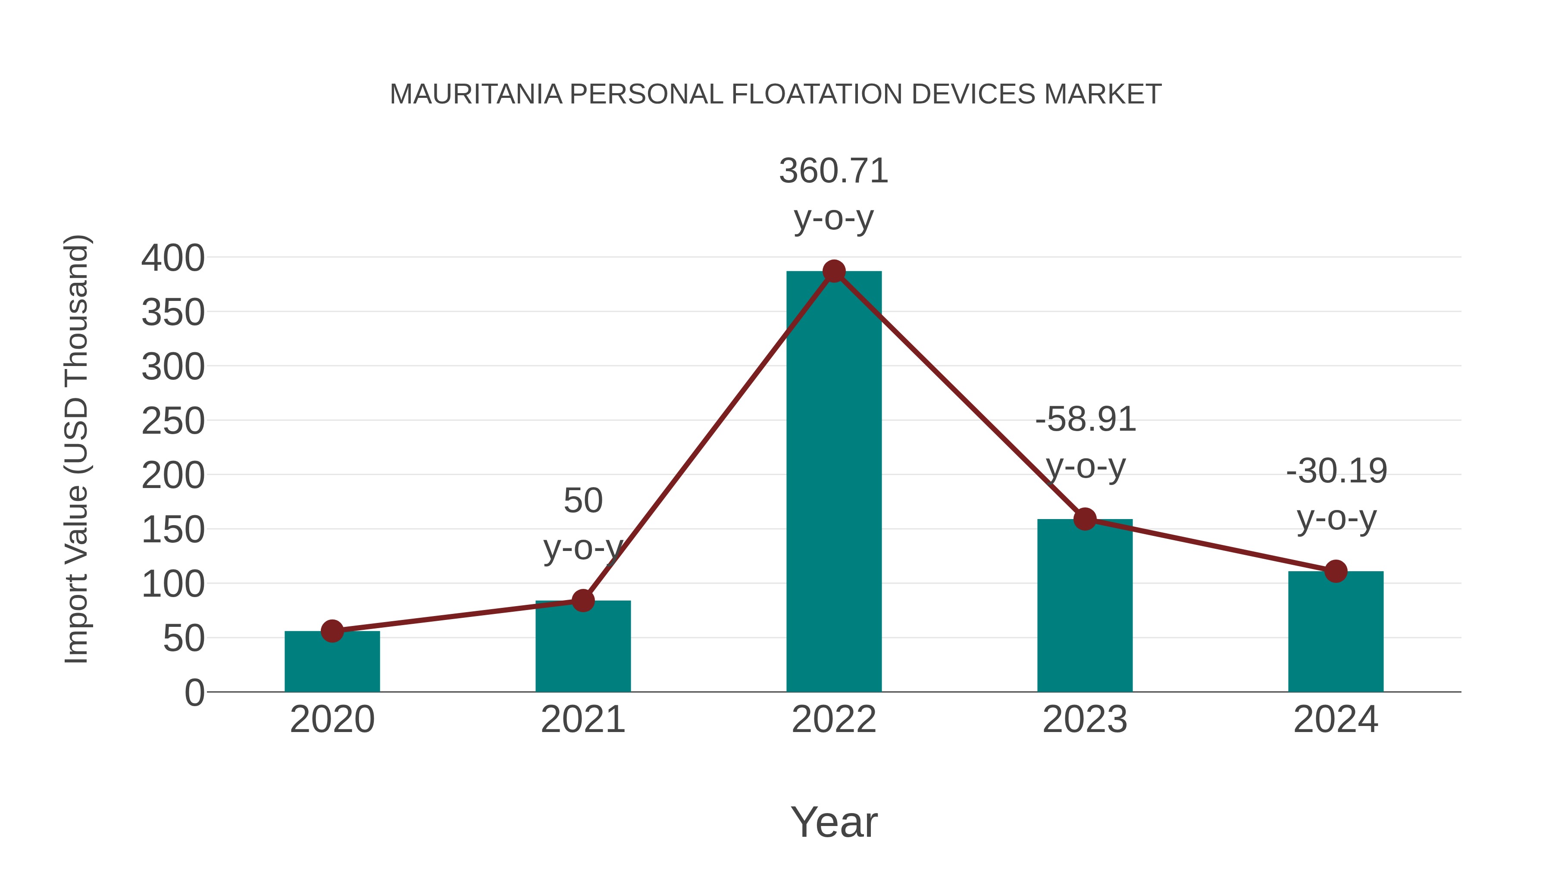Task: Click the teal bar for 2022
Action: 834,482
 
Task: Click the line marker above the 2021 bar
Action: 582,601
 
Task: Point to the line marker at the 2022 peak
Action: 834,272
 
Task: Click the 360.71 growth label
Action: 834,171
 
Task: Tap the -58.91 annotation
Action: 1085,420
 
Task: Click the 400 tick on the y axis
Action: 173,259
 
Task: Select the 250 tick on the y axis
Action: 173,421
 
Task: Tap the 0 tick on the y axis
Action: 194,693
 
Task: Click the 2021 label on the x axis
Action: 582,720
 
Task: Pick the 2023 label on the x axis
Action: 1085,720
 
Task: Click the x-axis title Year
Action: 834,823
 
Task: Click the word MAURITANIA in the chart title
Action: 476,94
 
